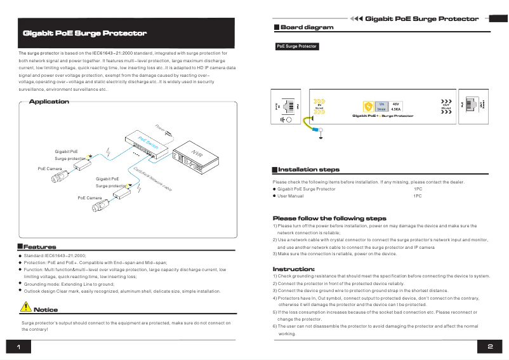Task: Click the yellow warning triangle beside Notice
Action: click(25, 307)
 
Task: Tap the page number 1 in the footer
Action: click(19, 347)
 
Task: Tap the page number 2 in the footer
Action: click(490, 347)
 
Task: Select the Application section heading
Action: click(49, 102)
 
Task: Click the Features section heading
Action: click(39, 247)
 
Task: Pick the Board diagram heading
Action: click(307, 28)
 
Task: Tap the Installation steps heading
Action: click(308, 170)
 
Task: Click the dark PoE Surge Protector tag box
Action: click(296, 46)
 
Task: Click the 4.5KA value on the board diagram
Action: click(396, 109)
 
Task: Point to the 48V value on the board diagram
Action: click(396, 103)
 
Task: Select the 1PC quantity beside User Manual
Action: click(417, 196)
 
